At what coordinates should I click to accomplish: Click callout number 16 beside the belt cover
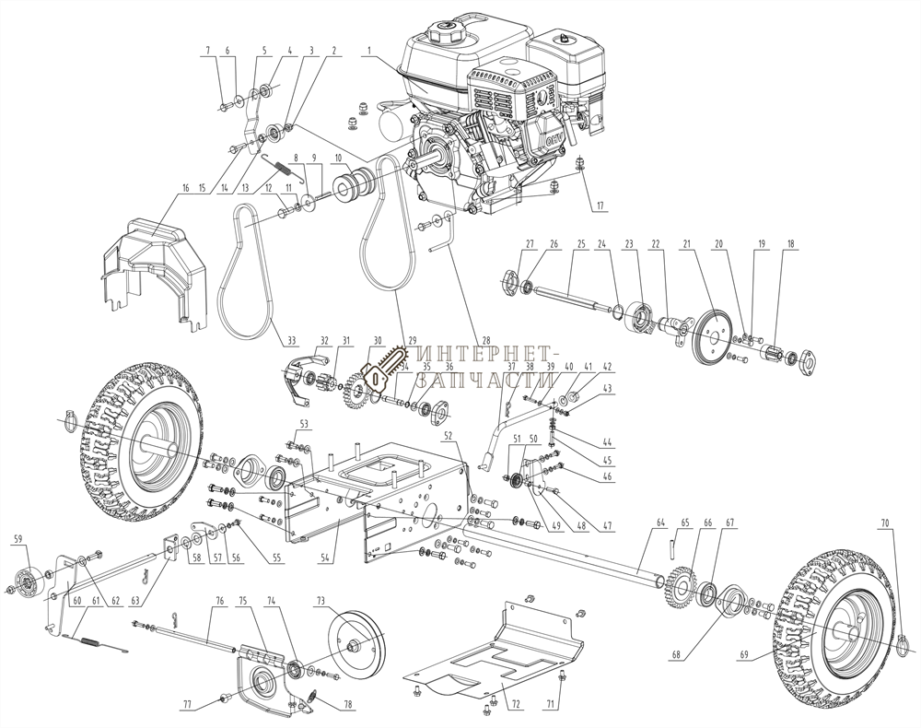[x=185, y=188]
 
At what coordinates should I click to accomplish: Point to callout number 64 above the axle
[x=659, y=523]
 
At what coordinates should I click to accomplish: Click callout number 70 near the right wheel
[x=885, y=523]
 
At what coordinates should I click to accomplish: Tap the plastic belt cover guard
[x=152, y=263]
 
